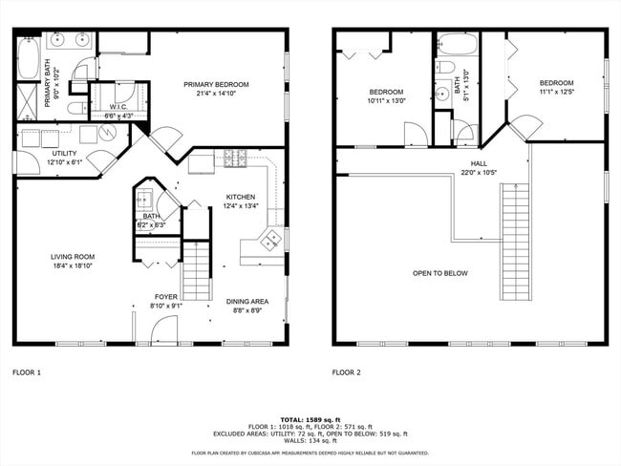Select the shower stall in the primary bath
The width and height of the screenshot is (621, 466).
click(27, 99)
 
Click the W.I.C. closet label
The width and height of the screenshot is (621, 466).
click(118, 106)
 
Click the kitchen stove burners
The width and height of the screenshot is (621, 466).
click(235, 157)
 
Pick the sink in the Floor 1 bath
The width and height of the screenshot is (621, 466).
click(146, 199)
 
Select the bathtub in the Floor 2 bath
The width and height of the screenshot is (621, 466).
click(456, 44)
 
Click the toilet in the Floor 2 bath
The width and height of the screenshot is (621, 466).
click(445, 68)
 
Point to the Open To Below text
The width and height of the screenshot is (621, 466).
click(439, 272)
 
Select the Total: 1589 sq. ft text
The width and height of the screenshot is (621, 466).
click(310, 418)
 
